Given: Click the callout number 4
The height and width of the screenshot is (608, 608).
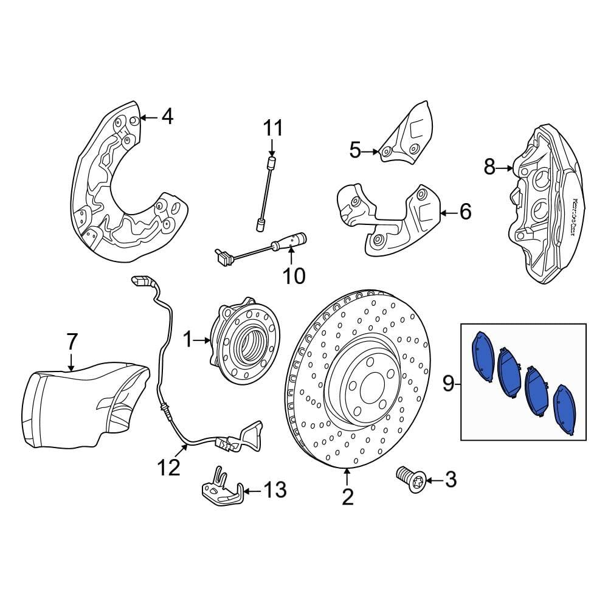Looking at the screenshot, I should click(167, 116).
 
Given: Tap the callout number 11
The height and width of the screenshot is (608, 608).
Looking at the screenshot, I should click(273, 128).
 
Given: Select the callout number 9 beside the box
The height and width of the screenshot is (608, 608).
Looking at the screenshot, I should click(448, 383).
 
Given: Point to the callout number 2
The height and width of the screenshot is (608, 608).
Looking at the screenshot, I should click(347, 497).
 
